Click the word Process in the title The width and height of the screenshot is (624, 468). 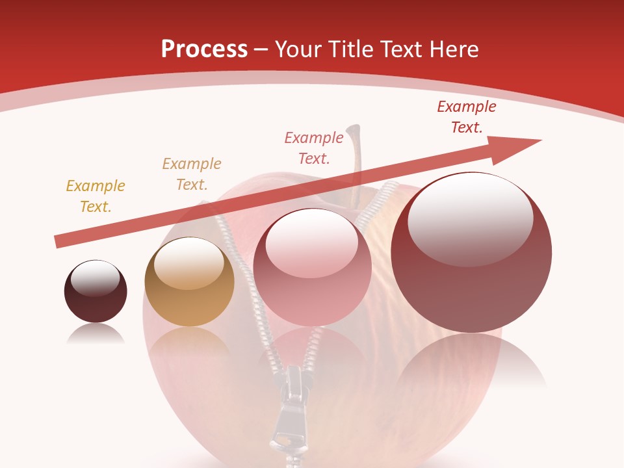(204, 49)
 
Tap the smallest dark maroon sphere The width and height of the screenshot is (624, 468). (96, 292)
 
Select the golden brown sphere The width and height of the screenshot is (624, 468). (189, 282)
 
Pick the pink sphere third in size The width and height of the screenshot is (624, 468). (312, 267)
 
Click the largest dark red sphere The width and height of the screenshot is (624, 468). (471, 252)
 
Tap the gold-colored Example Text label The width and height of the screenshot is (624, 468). (96, 196)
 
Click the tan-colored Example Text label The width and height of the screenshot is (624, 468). (192, 174)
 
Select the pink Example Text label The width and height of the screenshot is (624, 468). (314, 148)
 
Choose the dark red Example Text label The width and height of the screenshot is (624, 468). (467, 117)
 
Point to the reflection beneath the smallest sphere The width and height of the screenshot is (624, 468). (96, 334)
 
